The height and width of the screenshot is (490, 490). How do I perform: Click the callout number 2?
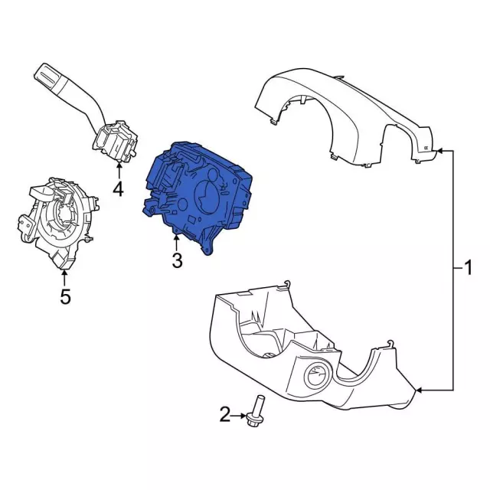point(225,415)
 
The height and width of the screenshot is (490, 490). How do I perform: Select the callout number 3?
point(177,261)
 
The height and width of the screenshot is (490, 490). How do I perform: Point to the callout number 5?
point(65,296)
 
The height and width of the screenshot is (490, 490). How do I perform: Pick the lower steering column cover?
point(306,352)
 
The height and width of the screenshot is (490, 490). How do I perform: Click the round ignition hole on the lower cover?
point(316,377)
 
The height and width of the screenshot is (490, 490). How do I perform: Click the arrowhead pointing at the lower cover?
point(420,392)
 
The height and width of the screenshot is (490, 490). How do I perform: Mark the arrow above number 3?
point(177,243)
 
